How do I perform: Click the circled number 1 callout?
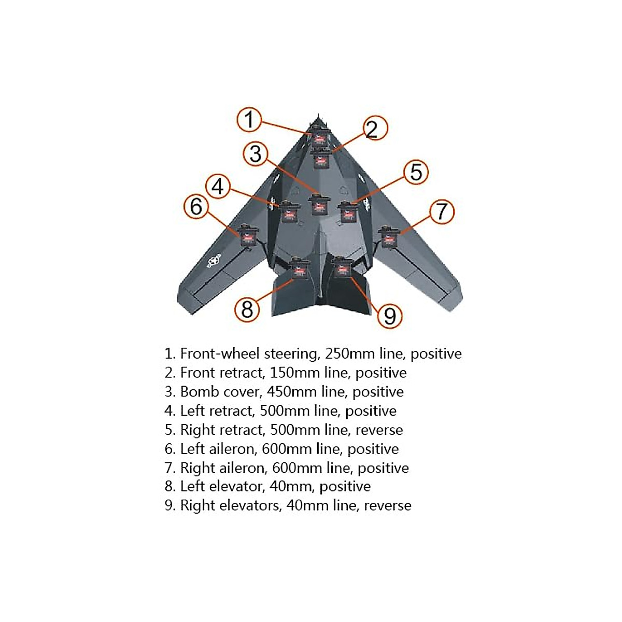tap(249, 120)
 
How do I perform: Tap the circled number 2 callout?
tap(372, 129)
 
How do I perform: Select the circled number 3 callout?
tap(256, 154)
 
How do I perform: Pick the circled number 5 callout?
tap(416, 172)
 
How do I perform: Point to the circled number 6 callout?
tap(196, 206)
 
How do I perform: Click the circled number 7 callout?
tap(441, 211)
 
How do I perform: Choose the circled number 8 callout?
tap(247, 309)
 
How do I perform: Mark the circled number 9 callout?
tap(390, 315)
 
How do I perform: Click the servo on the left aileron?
tap(247, 235)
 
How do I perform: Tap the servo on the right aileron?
tap(388, 237)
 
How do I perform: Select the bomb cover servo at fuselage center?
tap(318, 205)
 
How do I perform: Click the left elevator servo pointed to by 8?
tap(300, 268)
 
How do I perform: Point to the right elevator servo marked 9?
tap(341, 267)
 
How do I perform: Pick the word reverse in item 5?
tap(379, 430)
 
